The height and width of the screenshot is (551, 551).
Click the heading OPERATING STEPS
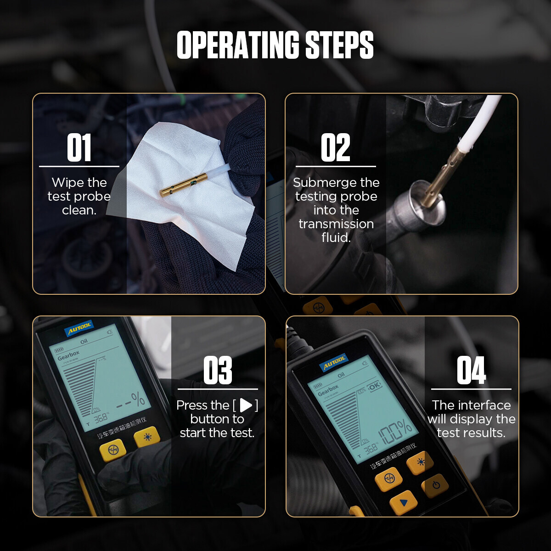click(x=275, y=45)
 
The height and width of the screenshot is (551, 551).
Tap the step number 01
click(x=79, y=148)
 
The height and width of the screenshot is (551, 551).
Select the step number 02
click(x=335, y=148)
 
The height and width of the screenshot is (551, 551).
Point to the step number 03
click(x=217, y=371)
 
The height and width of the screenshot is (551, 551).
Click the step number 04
click(x=471, y=371)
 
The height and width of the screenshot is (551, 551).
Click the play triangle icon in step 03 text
click(x=246, y=405)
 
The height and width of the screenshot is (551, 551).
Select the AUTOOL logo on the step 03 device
click(x=79, y=328)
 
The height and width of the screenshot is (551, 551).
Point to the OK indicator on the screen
click(x=374, y=386)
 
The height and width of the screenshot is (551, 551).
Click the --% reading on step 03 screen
click(x=131, y=401)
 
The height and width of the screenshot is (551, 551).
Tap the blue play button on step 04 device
click(x=403, y=503)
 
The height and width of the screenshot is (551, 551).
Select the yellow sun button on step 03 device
click(x=147, y=437)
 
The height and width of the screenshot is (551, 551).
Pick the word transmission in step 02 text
click(x=336, y=224)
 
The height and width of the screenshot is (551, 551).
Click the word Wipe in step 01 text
click(x=67, y=183)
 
